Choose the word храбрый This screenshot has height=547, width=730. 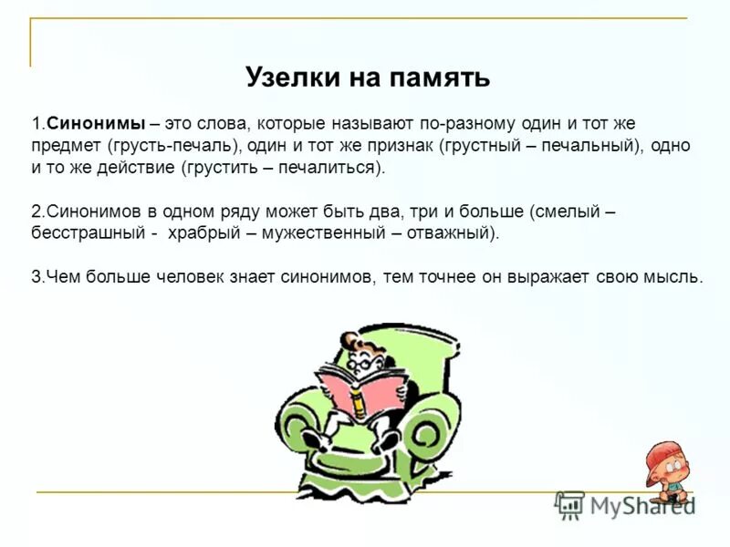pos(200,233)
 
